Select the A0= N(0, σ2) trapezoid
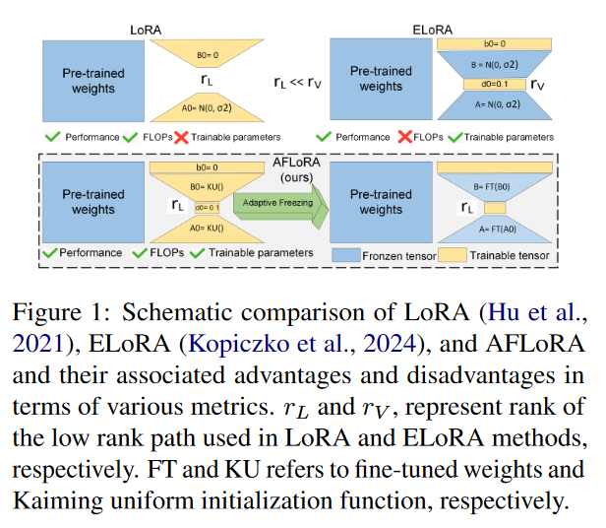pyautogui.click(x=208, y=111)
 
